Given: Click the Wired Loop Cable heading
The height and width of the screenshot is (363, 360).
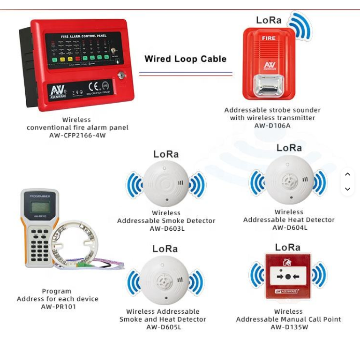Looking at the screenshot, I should click(x=185, y=59).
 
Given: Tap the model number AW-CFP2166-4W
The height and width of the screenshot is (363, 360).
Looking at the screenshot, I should click(x=77, y=136).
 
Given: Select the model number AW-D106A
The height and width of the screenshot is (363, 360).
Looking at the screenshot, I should click(x=272, y=126).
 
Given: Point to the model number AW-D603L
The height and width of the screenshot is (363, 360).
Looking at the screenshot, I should click(x=167, y=229).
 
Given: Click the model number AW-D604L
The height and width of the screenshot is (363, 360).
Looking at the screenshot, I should click(x=290, y=228).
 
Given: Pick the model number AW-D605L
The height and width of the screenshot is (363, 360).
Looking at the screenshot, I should click(x=164, y=327).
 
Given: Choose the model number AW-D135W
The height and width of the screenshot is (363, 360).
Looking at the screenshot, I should click(x=289, y=327).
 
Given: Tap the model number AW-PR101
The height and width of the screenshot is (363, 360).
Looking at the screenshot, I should click(x=58, y=307).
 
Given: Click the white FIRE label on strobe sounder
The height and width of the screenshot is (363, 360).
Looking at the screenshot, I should click(x=269, y=38).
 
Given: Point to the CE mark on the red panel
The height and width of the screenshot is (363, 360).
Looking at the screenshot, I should click(x=94, y=87).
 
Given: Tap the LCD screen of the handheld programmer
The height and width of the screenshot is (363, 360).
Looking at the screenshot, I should click(x=40, y=206).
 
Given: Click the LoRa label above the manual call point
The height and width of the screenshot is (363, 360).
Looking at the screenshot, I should click(x=288, y=247).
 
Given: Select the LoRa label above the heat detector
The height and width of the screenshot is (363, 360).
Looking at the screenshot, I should click(x=289, y=148).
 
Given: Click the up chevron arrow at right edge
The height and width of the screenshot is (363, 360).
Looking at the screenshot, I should click(x=347, y=174).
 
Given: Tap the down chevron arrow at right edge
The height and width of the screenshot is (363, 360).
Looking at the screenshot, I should click(x=347, y=189).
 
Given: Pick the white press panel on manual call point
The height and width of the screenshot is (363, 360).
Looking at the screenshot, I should click(x=288, y=276).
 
